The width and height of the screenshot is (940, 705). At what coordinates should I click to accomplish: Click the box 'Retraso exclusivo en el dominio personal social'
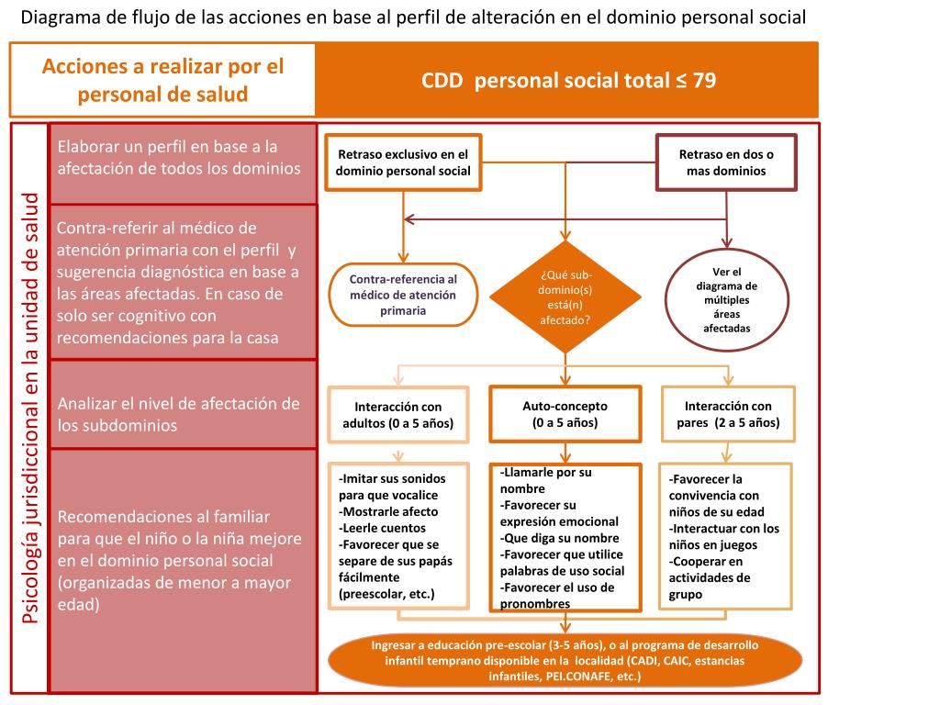tap(403, 162)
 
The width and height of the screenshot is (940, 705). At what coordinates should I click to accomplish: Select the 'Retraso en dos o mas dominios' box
tap(726, 162)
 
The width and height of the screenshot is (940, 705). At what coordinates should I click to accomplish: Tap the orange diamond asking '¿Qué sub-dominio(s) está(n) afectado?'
tap(565, 297)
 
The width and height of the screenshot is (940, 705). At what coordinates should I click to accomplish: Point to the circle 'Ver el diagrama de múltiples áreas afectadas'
tap(726, 299)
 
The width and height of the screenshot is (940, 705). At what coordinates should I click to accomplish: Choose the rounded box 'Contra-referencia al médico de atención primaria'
tap(403, 295)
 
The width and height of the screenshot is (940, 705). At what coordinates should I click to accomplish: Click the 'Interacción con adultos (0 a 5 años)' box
tap(398, 414)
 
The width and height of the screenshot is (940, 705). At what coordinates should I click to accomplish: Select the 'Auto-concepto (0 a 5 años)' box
tap(565, 414)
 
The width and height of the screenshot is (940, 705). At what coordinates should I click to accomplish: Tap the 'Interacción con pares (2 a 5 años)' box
tap(728, 414)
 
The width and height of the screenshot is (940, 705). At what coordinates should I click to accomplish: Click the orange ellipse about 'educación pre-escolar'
tap(565, 660)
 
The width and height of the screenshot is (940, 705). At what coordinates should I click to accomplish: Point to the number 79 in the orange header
tap(704, 80)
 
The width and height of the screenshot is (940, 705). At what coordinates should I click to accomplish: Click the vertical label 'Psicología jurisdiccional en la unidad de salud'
tap(30, 408)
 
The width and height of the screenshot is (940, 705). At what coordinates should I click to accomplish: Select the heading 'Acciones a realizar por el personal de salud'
tap(163, 80)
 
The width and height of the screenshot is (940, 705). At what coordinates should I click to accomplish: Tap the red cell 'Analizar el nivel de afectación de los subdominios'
tap(182, 414)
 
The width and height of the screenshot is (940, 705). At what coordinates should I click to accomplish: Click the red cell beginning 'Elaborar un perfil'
tap(182, 158)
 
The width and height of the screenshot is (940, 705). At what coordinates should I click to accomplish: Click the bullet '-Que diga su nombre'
tap(560, 538)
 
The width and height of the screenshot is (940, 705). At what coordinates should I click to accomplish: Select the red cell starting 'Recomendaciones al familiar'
tap(182, 560)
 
